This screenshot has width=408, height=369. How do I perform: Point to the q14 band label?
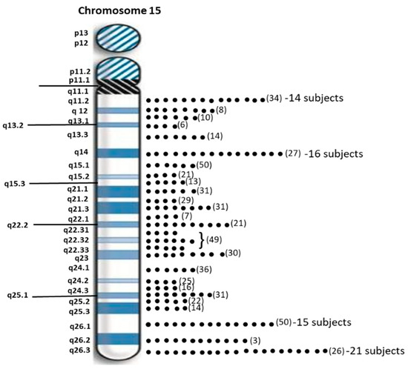point(82,153)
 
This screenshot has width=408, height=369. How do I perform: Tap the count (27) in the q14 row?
point(294,154)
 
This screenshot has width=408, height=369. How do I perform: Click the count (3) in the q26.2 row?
point(254,340)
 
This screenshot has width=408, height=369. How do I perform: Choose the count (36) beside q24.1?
point(205,270)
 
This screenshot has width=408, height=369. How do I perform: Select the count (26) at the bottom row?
point(335,350)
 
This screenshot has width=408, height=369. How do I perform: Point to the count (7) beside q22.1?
point(186,216)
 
